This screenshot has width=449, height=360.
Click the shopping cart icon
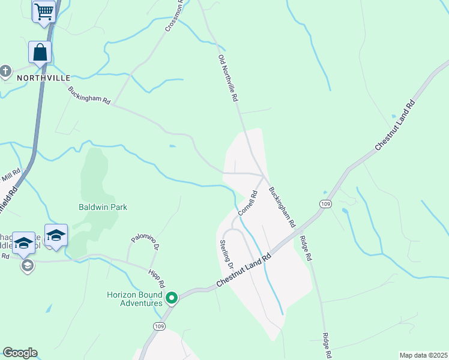click(x=44, y=11)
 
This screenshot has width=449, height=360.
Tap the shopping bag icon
click(x=40, y=52)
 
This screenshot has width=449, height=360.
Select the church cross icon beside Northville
click(x=5, y=71)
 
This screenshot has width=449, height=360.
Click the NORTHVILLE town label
click(x=43, y=78)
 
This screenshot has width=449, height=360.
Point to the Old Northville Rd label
click(x=228, y=78)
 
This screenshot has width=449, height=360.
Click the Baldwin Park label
click(x=103, y=207)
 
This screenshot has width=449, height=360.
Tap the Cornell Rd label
click(x=247, y=203)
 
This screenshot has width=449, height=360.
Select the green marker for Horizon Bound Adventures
click(x=172, y=298)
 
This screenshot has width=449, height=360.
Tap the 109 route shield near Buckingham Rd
click(x=325, y=203)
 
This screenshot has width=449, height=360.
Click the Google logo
click(x=20, y=353)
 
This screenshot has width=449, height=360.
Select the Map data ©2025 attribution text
click(x=423, y=355)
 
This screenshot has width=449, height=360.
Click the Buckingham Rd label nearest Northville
click(x=89, y=96)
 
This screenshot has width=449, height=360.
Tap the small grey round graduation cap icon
click(x=26, y=265)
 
